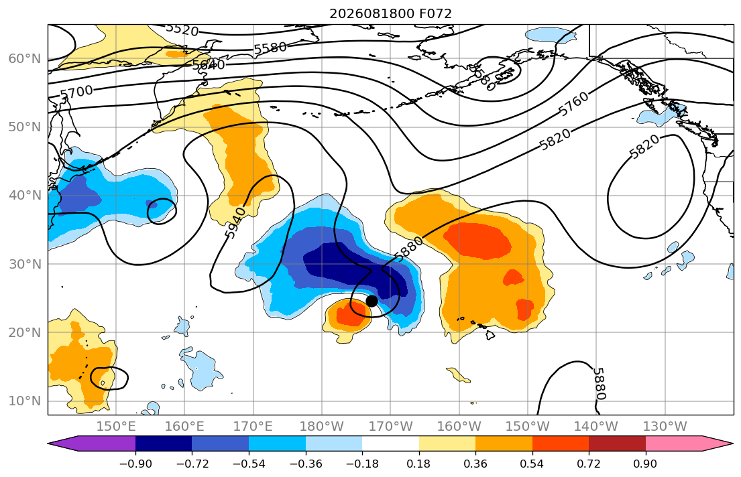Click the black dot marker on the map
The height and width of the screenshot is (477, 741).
pos(372,301)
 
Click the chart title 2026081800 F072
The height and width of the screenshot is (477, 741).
pos(390,13)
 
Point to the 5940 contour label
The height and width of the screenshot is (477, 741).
pos(235,222)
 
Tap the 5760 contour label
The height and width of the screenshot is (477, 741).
pos(574,104)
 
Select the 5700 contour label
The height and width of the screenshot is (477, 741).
pos(76,92)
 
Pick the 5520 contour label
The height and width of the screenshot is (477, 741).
pos(182,29)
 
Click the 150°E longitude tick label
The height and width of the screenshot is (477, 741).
pos(116,427)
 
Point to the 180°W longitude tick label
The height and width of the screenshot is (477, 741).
pos(322,427)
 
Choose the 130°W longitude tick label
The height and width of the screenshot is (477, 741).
pos(665,427)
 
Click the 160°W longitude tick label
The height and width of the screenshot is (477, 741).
pos(459,427)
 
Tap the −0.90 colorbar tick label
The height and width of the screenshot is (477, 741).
pos(135,464)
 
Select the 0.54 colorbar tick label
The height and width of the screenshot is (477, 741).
pos(532,464)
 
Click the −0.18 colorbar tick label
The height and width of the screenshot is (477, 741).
pos(363,464)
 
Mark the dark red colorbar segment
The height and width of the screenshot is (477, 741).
pos(617,444)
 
